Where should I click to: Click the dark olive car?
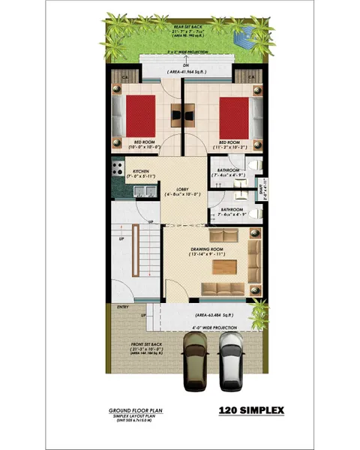[x=196, y=362]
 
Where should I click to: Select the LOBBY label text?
[x=182, y=189]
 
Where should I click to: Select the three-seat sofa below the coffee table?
[x=224, y=289]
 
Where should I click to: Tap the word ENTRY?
[x=123, y=306]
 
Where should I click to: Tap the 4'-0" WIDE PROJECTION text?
[x=205, y=328]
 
